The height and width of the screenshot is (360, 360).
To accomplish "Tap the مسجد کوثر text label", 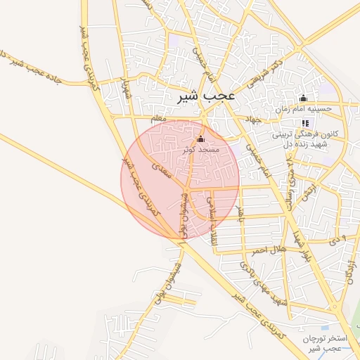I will click(x=201, y=150).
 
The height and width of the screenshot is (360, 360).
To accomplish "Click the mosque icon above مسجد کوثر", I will click(x=201, y=139).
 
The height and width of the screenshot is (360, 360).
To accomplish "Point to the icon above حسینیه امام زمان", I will click(x=303, y=98).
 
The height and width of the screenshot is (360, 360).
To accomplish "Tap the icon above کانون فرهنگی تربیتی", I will click(x=304, y=123).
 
